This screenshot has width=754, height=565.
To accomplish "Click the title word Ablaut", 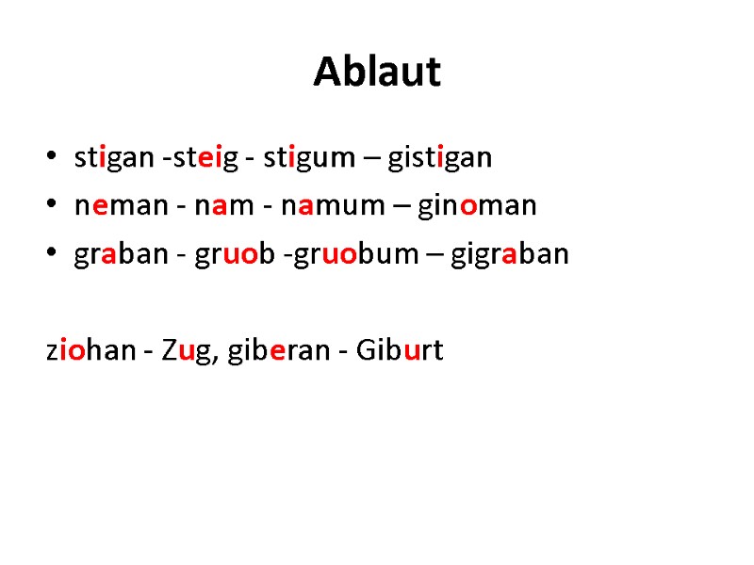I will (377, 72).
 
